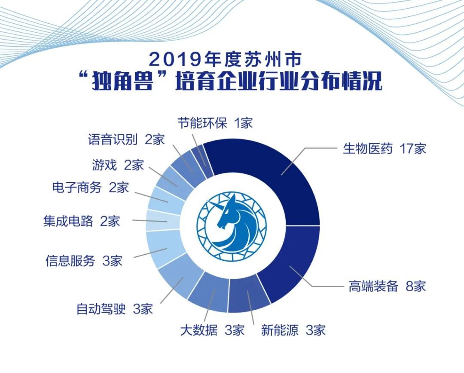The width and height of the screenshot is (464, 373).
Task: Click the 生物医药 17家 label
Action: pyautogui.click(x=385, y=148)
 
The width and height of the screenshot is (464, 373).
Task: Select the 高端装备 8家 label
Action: pyautogui.click(x=387, y=286)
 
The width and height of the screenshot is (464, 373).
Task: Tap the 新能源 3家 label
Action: pyautogui.click(x=293, y=330)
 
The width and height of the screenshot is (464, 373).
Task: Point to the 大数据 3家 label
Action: pyautogui.click(x=212, y=330)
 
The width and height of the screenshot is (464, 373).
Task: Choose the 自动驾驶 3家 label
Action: pyautogui.click(x=115, y=309)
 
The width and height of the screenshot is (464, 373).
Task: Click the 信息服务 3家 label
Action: pyautogui.click(x=84, y=261)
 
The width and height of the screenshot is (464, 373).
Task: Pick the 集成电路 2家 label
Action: pyautogui.click(x=81, y=221)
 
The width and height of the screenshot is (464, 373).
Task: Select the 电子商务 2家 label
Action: pyautogui.click(x=91, y=187)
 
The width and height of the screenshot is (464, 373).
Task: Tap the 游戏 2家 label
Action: pyautogui.click(x=118, y=165)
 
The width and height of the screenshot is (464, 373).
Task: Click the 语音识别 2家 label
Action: pyautogui.click(x=126, y=139)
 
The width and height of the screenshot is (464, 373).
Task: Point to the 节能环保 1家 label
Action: pyautogui.click(x=215, y=123)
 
